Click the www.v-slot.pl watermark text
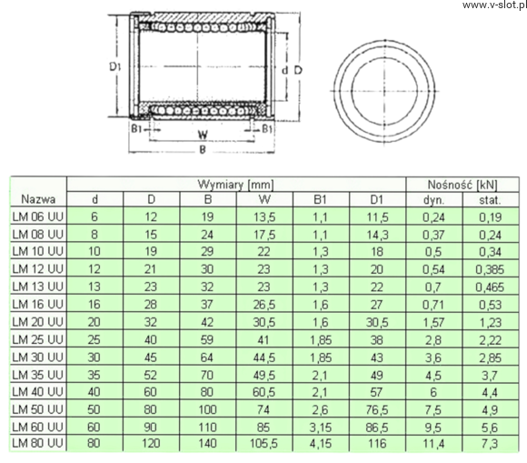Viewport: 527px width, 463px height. click(494, 5)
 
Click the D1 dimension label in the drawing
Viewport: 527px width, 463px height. click(115, 66)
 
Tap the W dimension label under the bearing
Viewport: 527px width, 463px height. click(203, 135)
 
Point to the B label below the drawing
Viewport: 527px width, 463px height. click(203, 149)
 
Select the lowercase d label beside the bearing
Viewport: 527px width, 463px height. click(285, 70)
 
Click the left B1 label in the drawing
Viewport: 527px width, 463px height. click(136, 128)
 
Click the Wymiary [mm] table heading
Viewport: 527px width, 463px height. click(235, 185)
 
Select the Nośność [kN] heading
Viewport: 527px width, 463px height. click(462, 185)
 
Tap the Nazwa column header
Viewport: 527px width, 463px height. click(38, 199)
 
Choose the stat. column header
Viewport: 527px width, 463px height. click(490, 200)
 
